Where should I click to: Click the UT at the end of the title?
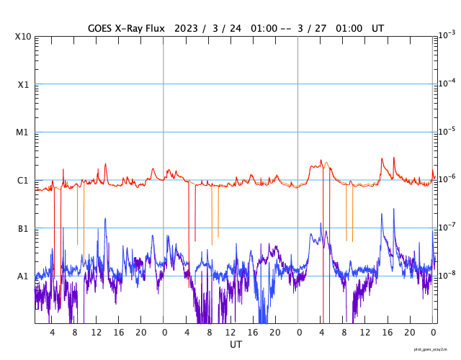377,28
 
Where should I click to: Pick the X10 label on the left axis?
22,37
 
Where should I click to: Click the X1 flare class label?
23,84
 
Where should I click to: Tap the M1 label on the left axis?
23,132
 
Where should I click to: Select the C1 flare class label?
23,181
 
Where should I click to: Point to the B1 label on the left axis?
23,229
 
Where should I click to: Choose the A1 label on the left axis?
23,276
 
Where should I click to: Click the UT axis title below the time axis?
236,345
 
